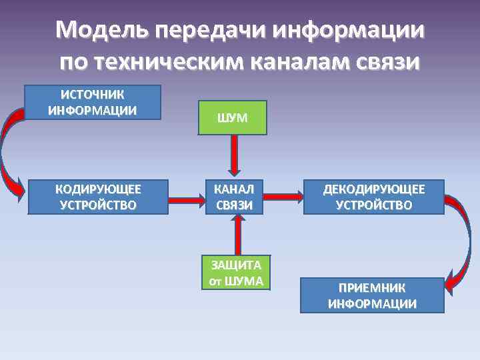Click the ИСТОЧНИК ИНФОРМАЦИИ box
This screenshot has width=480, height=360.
click(93, 102)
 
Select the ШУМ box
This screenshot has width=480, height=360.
click(232, 117)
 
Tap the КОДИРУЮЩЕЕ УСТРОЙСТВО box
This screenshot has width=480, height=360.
click(98, 197)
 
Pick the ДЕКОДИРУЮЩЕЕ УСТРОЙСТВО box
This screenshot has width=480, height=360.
click(373, 197)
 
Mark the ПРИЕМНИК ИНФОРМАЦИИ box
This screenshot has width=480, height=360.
click(372, 295)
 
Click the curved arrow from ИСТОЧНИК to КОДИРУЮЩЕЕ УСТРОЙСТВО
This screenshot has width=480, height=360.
click(8, 150)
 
